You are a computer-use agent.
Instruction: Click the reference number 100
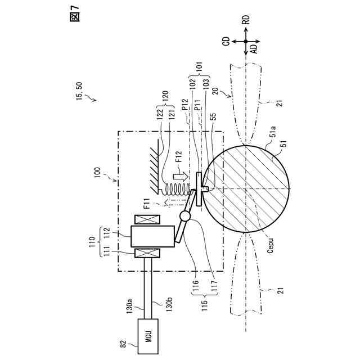click(x=99, y=172)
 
